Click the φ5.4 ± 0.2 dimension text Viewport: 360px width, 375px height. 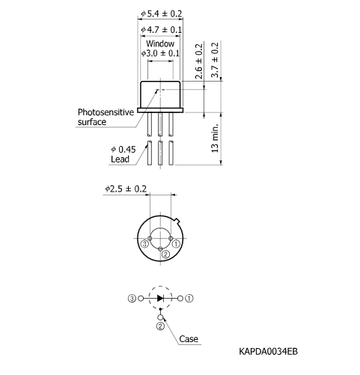[x=162, y=13]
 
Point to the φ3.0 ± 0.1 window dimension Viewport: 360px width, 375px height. [x=161, y=54]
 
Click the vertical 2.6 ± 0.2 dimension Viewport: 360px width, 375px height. [x=199, y=61]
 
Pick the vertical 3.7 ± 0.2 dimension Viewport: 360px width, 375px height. [x=216, y=61]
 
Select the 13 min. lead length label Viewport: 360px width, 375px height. [x=216, y=139]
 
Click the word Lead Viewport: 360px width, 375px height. [x=120, y=159]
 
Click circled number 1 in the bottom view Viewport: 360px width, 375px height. [x=176, y=244]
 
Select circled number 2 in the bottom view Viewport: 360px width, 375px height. [x=165, y=254]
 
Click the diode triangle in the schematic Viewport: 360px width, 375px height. [x=160, y=298]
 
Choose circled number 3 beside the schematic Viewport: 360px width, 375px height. [x=132, y=298]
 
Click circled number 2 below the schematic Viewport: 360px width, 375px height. [x=160, y=326]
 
